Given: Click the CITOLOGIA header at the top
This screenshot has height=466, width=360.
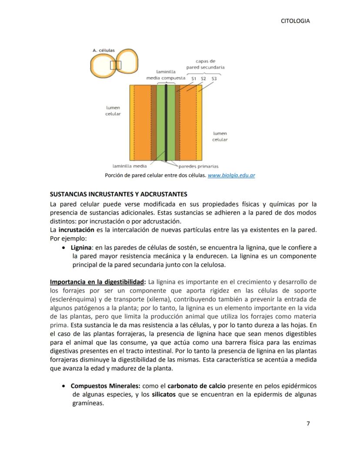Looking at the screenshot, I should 296,21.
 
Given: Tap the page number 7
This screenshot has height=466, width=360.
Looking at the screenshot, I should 308,424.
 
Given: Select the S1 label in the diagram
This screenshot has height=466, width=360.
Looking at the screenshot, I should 194,78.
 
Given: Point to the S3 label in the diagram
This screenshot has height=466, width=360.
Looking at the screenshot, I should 214,78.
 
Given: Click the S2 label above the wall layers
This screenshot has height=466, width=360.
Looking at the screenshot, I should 203,78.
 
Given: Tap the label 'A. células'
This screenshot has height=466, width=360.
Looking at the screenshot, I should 103,50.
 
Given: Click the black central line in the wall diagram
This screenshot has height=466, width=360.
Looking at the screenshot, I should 166,122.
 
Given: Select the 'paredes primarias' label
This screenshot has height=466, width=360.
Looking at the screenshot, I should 199,166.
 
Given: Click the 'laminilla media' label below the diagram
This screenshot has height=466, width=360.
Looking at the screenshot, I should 130,166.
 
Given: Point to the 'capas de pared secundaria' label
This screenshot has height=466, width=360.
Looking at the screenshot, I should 205,64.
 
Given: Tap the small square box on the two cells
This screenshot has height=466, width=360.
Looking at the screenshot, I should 116,65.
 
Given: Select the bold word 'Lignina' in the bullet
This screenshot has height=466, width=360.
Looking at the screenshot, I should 81,248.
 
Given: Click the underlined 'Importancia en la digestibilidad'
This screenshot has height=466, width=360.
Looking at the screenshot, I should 98,282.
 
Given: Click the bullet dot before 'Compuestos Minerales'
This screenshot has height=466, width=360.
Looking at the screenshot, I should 65,386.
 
